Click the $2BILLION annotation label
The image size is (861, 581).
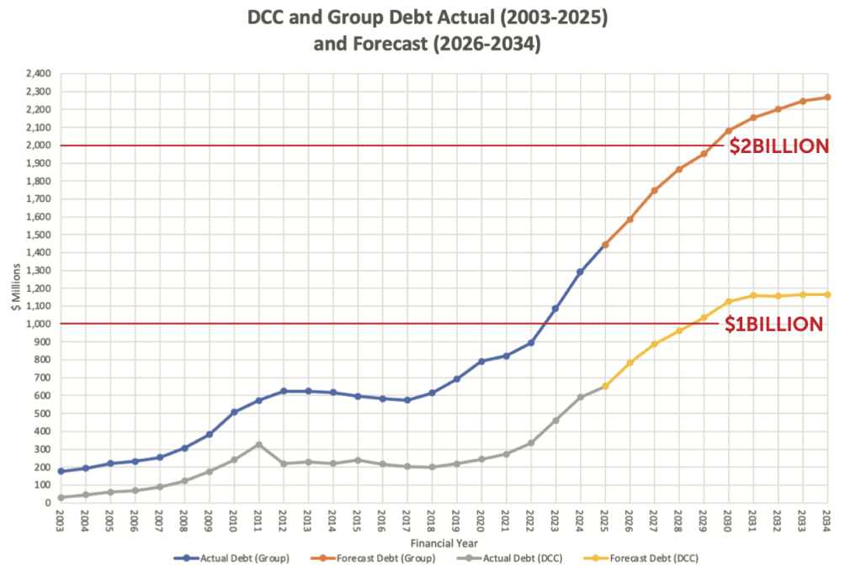coord(779,146)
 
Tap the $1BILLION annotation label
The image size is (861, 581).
coord(774,325)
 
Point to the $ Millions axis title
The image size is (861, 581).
coord(14,288)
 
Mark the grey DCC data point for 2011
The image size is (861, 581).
coord(258,444)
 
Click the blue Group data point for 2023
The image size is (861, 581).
coord(555,309)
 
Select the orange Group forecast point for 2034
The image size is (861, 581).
coord(826,98)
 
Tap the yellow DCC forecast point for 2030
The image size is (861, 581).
coord(728,302)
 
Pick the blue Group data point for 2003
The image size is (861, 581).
coord(61,472)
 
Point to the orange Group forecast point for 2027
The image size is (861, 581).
coord(654,191)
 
